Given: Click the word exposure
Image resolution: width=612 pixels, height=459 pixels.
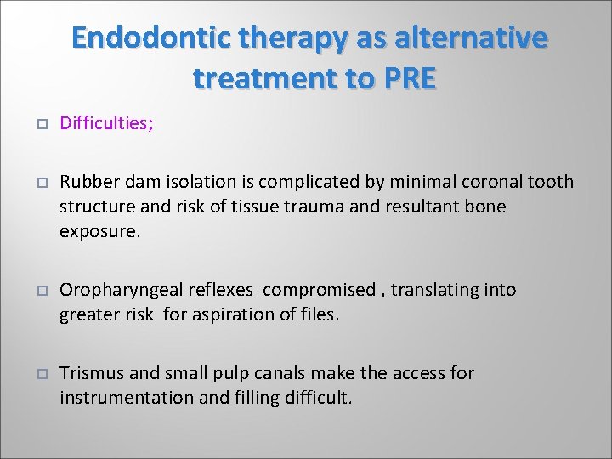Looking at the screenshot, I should coord(97,230).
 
